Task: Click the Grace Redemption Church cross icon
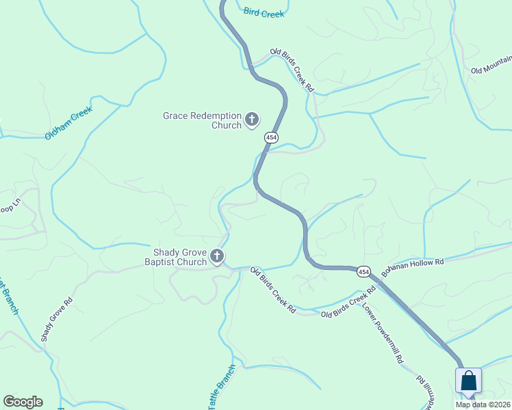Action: [252, 120]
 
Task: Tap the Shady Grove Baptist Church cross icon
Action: [217, 257]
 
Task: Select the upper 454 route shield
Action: [272, 137]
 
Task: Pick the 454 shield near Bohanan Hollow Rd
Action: [363, 271]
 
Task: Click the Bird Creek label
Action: [264, 12]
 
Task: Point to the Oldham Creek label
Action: [68, 123]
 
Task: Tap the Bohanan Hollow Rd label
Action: [413, 265]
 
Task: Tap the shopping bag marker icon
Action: [468, 381]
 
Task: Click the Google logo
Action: [23, 402]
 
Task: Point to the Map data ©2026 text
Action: [482, 405]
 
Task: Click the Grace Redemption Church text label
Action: [202, 120]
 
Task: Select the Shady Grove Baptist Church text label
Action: [175, 257]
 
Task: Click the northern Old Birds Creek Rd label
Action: [292, 70]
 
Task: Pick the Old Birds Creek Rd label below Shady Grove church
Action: [272, 290]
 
